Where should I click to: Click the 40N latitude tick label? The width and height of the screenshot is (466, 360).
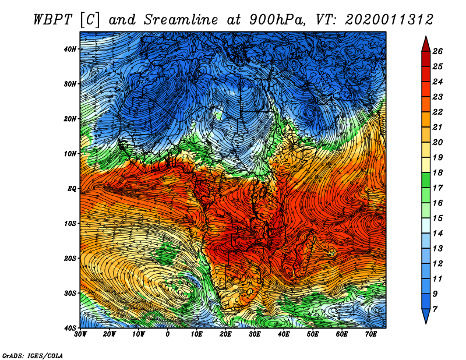(70, 49)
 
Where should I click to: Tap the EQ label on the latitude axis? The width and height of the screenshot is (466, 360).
(72, 189)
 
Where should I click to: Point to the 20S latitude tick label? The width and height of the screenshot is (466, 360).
(70, 258)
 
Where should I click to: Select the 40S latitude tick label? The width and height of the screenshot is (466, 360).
(70, 328)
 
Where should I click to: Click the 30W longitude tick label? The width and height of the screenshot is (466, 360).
(80, 334)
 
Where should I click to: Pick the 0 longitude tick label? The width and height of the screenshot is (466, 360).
(168, 334)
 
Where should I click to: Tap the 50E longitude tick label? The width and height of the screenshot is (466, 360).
(313, 334)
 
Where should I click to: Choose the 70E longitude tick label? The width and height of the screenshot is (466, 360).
(371, 334)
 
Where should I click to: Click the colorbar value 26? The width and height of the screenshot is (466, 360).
(437, 51)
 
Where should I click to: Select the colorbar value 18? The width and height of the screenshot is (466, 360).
(437, 172)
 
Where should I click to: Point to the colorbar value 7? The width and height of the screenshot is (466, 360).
(435, 309)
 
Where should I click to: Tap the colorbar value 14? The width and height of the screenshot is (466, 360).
(437, 234)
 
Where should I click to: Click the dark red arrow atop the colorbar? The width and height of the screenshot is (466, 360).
(426, 44)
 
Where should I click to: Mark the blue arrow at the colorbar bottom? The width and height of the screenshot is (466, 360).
(426, 316)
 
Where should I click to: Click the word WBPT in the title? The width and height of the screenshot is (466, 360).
(53, 20)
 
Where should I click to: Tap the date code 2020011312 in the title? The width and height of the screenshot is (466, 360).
(389, 20)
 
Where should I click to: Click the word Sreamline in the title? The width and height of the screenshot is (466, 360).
(181, 20)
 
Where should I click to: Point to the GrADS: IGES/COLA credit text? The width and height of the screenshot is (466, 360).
(33, 355)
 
